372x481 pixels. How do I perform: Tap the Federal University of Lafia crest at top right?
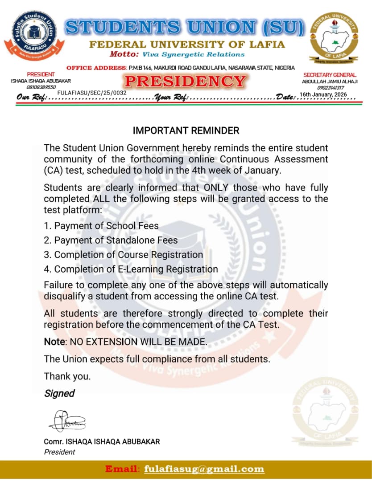pos(335,37)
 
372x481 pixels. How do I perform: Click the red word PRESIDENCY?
pos(185,82)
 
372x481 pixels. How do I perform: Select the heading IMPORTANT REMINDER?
pos(186,130)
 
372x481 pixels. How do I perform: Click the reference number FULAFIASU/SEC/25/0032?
pos(92,93)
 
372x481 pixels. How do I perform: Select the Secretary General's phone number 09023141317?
pos(330,88)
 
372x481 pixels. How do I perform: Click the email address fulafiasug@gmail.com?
pos(204,469)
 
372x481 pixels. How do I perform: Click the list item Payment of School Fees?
pos(106,226)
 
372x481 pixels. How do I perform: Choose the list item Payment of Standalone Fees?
pos(116,240)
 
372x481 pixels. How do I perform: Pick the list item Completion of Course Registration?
pos(128,255)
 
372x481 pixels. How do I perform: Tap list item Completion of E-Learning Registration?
pos(136,269)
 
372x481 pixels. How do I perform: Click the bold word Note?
pos(54,342)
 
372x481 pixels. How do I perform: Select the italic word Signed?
pos(59,393)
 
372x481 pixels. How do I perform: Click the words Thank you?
pos(67,376)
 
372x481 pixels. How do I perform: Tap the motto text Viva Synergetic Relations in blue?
pos(193,54)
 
